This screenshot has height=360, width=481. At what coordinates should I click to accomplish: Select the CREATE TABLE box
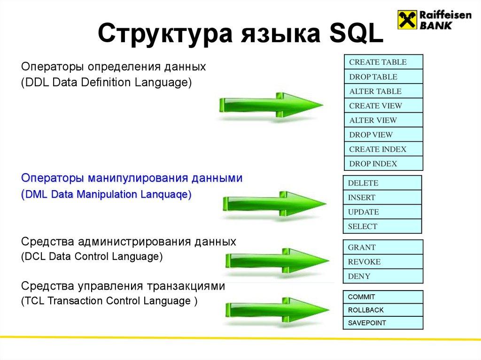click(x=383, y=62)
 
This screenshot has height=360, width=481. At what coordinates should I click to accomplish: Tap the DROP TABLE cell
click(x=383, y=77)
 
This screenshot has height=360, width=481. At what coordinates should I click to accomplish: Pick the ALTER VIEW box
click(x=383, y=120)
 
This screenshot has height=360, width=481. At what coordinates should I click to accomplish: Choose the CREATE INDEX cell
click(x=383, y=149)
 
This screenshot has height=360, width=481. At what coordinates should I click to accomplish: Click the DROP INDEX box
click(x=383, y=164)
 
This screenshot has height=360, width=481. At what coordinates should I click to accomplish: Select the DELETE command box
click(x=382, y=183)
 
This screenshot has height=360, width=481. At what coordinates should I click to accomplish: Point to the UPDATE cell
click(x=382, y=212)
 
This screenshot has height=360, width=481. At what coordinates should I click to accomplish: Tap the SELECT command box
click(x=382, y=226)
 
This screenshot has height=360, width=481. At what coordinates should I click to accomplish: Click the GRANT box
click(x=383, y=247)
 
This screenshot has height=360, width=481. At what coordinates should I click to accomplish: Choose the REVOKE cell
click(x=383, y=262)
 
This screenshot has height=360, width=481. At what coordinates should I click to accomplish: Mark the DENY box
click(x=383, y=276)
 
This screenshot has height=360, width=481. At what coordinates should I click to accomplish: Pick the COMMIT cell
click(x=383, y=297)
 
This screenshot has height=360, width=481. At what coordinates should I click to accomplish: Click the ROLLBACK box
click(x=383, y=310)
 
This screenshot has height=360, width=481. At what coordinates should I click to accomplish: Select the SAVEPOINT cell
click(x=383, y=323)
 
